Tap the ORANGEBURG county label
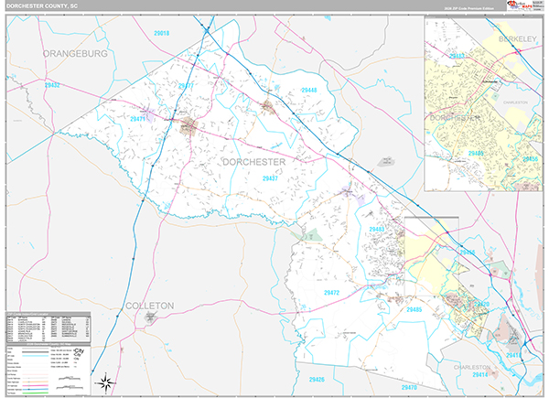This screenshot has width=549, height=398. coord(75,54)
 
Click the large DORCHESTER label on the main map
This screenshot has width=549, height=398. coord(253,162)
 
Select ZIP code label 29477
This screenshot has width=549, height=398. coord(186,86)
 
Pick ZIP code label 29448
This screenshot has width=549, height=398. coord(307,90)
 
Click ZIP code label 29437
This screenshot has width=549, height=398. coord(271,179)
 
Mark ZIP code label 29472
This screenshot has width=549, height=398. coord(331,293)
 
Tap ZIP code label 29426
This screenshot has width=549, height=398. coord(317,378)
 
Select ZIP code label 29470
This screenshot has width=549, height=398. coord(479,304)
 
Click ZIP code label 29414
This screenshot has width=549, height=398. coord(479,375)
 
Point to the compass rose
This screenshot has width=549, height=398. coord(107,382)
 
